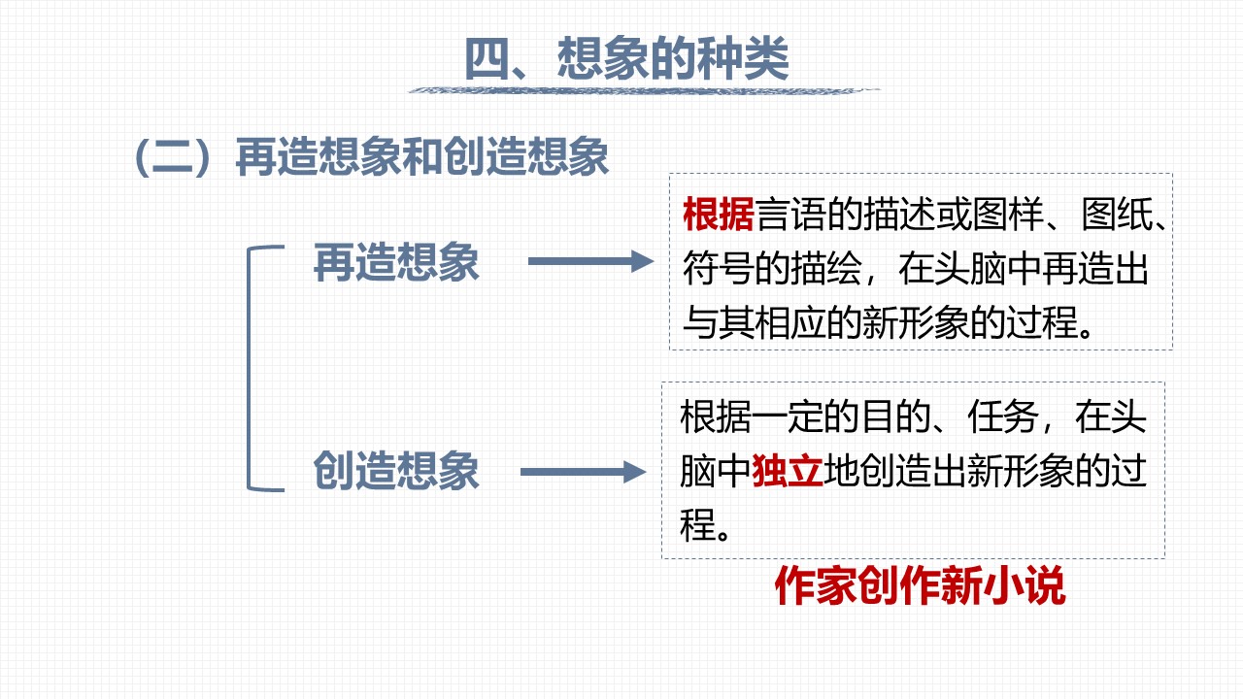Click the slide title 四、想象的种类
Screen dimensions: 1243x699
626,58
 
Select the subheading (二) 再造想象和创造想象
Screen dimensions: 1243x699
372,157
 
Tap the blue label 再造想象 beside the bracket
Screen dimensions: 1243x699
396,262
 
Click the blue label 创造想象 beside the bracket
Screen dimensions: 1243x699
396,471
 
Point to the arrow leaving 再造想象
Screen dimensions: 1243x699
591,261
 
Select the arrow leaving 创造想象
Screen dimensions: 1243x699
584,472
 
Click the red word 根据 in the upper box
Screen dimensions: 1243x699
718,215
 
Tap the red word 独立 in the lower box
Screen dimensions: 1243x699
788,471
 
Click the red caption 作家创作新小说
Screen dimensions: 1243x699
920,585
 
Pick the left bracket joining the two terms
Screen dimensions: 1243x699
249,368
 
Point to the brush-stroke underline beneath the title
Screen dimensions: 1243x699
644,90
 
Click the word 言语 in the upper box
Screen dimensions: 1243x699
790,215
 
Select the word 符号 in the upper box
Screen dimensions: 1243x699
718,269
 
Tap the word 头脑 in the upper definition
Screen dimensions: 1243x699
969,269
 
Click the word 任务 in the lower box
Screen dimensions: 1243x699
1003,416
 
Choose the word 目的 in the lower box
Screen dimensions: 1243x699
895,416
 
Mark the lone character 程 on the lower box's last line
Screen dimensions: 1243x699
697,524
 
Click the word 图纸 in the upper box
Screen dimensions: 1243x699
1117,215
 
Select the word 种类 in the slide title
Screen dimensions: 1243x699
744,58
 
